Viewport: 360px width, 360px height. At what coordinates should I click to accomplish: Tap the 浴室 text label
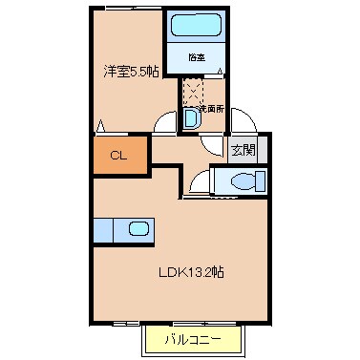tap(196, 57)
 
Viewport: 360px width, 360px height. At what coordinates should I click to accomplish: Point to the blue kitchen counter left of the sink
tap(103, 229)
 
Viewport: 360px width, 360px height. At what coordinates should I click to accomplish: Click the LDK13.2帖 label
tap(192, 271)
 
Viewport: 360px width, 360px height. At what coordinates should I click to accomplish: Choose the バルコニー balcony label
tap(192, 339)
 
